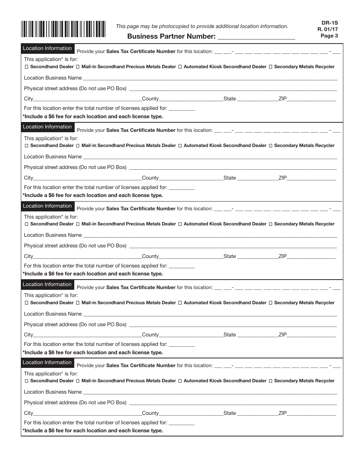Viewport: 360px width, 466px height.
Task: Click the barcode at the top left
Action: (63, 29)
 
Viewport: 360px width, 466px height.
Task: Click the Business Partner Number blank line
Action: (256, 37)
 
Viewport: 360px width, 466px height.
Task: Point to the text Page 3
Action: (329, 36)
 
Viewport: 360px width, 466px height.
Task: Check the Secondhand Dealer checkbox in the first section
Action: (26, 67)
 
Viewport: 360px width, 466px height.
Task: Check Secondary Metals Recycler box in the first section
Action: (271, 67)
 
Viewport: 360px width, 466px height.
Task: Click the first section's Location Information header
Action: (47, 48)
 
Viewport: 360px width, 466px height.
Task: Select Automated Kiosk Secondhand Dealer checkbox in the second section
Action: (180, 145)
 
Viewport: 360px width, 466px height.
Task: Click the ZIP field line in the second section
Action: (311, 179)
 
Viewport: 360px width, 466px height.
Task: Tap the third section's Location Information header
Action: (47, 206)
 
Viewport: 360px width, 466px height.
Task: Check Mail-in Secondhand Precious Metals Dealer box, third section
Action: (78, 224)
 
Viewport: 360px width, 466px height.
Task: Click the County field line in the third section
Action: (191, 257)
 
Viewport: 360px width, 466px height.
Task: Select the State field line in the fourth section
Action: (257, 336)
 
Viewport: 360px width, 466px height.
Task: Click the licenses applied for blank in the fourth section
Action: (182, 345)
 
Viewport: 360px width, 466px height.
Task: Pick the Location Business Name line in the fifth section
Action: (210, 393)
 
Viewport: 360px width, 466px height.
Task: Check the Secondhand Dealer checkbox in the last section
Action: (26, 381)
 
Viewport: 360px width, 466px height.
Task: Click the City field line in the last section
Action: (87, 414)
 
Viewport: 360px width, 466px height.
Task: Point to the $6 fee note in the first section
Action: (93, 117)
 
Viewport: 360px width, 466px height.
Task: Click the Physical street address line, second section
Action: (232, 168)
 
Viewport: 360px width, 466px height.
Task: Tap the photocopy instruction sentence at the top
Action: (202, 27)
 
